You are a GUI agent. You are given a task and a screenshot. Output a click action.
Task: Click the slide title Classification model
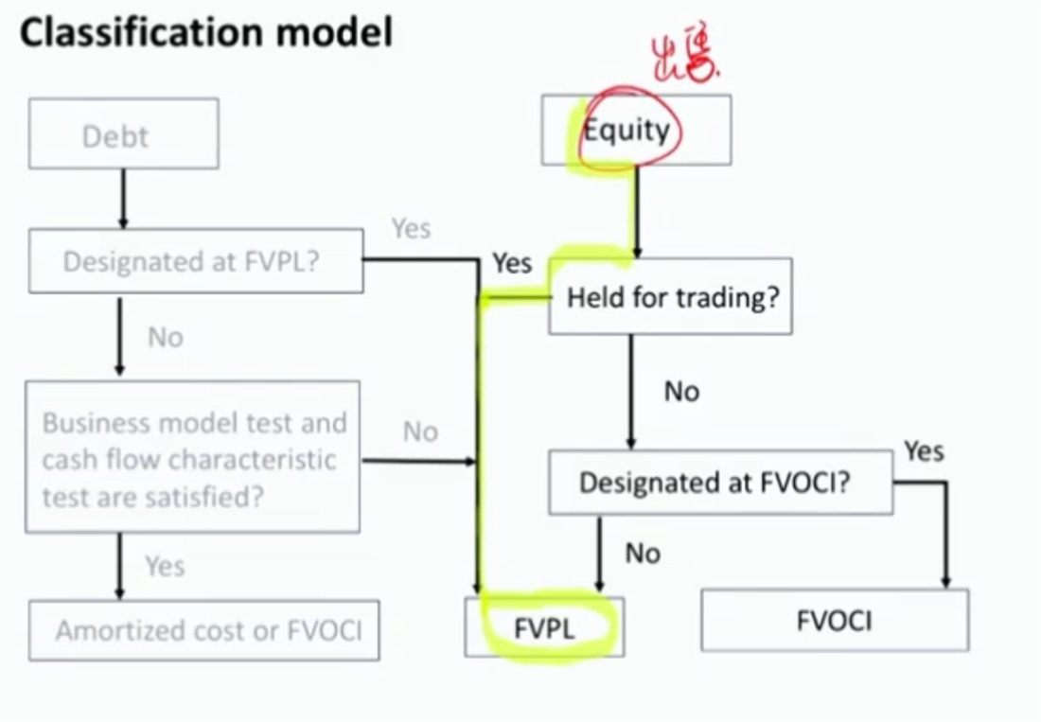tap(205, 33)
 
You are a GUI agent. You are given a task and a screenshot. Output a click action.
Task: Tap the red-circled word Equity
tap(626, 131)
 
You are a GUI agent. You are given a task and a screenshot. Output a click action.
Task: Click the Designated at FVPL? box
tap(196, 260)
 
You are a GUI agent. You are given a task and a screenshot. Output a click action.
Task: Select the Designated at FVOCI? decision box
tap(719, 483)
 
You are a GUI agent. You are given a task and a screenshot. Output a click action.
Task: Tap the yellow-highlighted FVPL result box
tap(544, 628)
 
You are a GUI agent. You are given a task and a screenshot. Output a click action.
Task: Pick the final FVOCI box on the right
tap(834, 621)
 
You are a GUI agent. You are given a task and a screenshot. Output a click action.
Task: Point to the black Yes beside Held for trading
tap(512, 263)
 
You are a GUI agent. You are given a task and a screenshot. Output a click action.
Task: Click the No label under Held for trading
tap(680, 390)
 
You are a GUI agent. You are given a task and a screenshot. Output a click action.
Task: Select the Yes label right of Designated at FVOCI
tap(924, 450)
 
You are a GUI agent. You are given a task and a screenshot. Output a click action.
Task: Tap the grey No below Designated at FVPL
tap(166, 337)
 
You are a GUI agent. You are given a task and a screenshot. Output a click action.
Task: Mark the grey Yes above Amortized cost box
tap(165, 566)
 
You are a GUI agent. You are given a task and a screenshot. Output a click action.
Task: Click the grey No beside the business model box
tap(420, 431)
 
